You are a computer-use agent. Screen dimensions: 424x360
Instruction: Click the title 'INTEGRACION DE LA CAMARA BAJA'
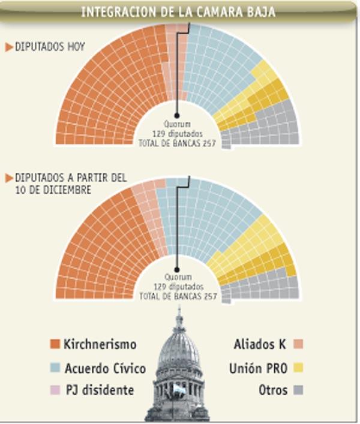[178, 11]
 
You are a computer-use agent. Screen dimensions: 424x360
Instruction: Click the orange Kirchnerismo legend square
[55, 344]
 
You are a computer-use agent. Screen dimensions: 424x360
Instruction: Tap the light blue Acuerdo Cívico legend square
[55, 368]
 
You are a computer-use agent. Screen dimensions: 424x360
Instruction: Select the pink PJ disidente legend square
[55, 390]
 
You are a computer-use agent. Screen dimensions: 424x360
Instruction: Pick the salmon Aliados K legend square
[298, 344]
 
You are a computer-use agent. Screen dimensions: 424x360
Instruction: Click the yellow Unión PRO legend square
[298, 368]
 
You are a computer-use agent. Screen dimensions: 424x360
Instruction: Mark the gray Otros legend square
[298, 390]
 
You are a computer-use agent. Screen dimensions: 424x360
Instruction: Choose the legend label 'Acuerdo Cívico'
[105, 368]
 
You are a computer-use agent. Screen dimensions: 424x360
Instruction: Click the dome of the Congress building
[178, 345]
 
